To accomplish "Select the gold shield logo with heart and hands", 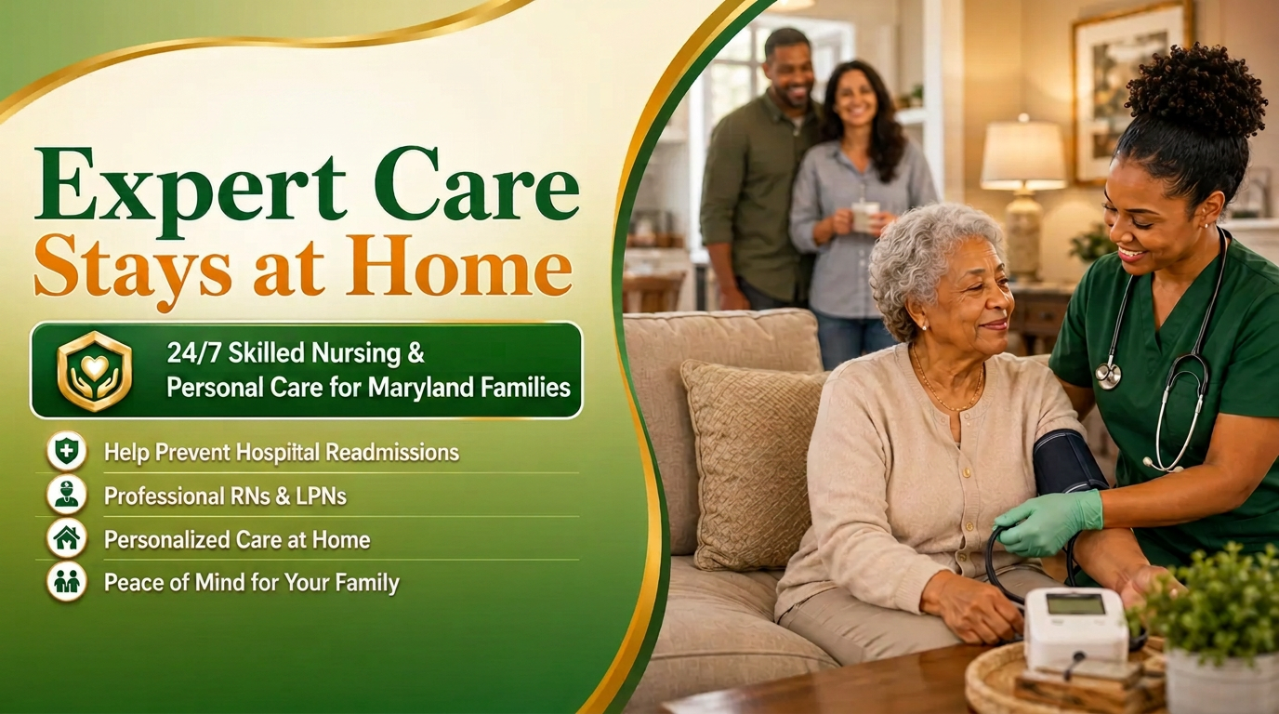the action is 95,371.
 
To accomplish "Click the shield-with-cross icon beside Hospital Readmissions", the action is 67,451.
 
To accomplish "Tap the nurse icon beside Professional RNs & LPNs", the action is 67,495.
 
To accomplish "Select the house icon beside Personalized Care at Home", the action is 67,538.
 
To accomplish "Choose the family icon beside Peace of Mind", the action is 67,582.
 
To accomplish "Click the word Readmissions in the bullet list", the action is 392,453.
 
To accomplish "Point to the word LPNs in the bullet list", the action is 321,496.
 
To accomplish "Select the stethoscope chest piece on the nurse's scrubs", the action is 1108,376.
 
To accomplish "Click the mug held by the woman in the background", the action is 864,217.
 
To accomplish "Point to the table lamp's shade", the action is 1023,154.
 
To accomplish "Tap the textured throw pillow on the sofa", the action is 753,464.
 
